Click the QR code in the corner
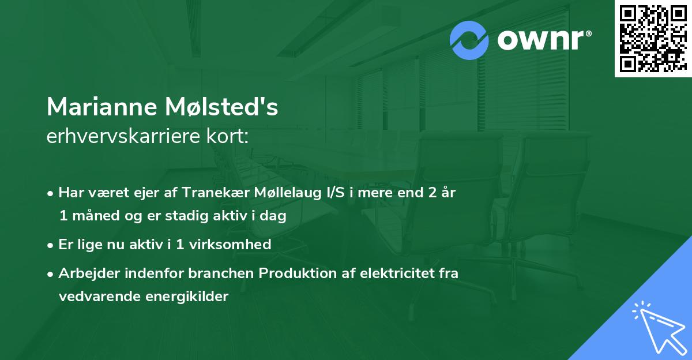pyautogui.click(x=653, y=38)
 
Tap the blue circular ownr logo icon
pyautogui.click(x=469, y=40)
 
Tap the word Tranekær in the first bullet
pyautogui.click(x=221, y=192)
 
